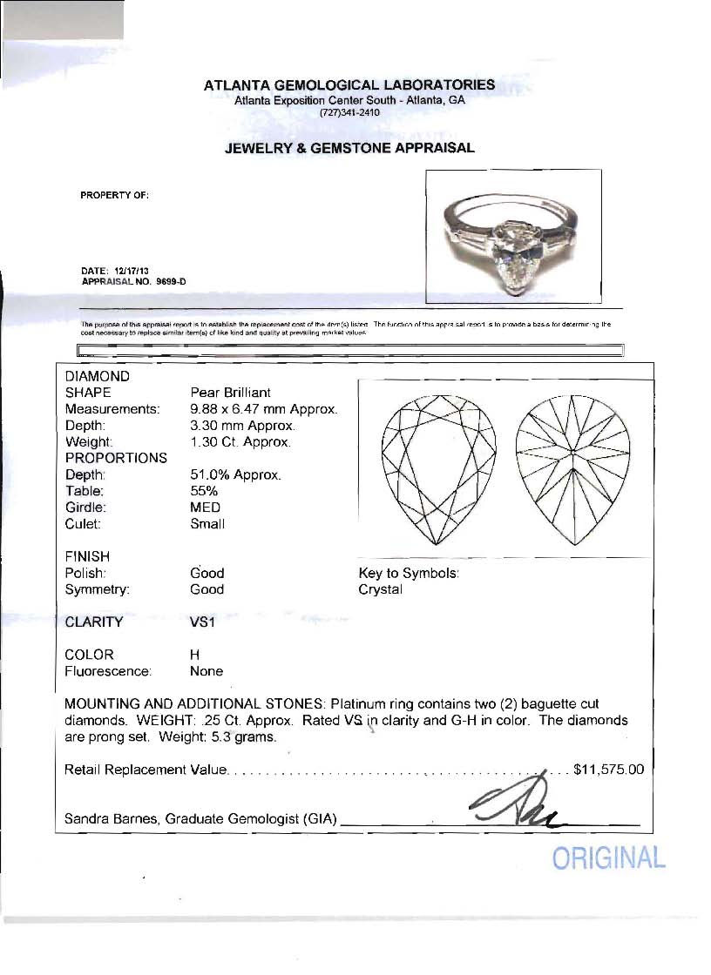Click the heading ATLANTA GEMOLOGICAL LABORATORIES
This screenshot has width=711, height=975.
coord(349,85)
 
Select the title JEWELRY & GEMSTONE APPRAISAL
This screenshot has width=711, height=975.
coord(349,148)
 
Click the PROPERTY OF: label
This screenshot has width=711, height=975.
coord(114,195)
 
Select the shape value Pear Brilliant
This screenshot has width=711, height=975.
coord(230,393)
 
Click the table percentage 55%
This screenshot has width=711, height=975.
coord(204,491)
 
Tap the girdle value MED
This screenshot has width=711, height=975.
coord(205,508)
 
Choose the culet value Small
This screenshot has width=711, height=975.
coord(207,524)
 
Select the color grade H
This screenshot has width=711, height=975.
coord(194,655)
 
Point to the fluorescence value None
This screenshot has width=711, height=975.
coord(207,671)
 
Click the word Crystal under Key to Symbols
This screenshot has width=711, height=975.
coord(381,589)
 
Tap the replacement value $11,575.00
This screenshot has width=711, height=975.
coord(608,770)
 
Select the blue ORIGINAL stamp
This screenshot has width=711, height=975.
coord(609,858)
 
